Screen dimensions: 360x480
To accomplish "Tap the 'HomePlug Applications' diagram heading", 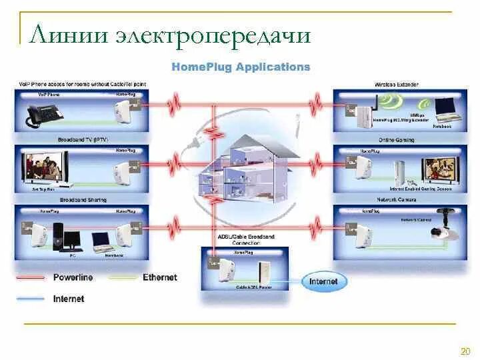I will point(241,67).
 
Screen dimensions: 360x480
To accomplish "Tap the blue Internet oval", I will point(323,281).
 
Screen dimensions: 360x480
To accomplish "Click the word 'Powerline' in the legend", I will point(73,277).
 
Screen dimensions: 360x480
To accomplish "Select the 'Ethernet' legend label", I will point(160,277).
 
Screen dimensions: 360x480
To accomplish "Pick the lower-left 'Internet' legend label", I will point(69,299).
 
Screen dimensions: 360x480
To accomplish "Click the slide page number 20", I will point(465,351).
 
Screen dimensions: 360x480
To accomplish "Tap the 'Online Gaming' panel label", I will point(396,140).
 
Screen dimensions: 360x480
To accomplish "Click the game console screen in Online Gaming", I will point(439,169).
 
